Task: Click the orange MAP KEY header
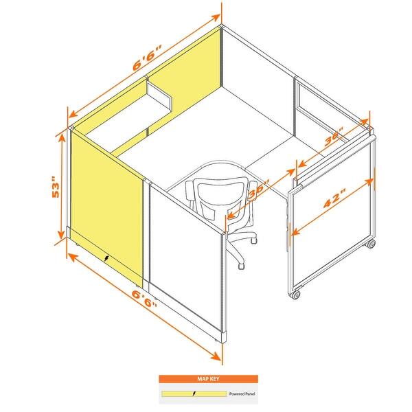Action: click(208, 378)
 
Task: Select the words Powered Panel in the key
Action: click(244, 395)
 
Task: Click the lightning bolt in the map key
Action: click(194, 395)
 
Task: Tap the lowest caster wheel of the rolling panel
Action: click(297, 295)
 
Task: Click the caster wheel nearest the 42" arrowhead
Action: click(371, 244)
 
